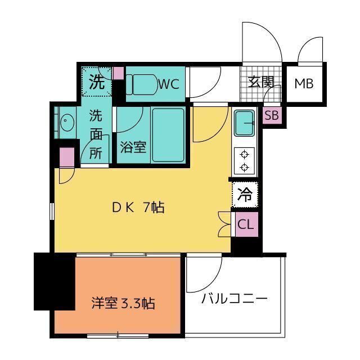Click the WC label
tap(168, 84)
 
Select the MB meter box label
tap(304, 84)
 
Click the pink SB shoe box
tap(272, 116)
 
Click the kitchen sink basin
tap(244, 122)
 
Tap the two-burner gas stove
tap(245, 160)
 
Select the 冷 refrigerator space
tap(245, 195)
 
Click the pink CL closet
tap(245, 224)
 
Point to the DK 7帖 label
tap(137, 208)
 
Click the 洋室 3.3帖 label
tap(123, 304)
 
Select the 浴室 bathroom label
tap(133, 147)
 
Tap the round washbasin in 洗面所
tap(66, 120)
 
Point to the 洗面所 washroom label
tap(96, 135)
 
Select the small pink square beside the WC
tap(118, 73)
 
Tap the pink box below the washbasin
tap(67, 156)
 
